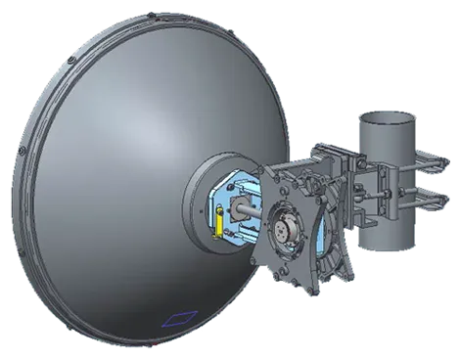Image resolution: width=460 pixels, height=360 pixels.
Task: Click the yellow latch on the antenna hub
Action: (x=218, y=223)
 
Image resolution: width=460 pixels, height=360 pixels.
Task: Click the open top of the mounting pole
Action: (x=384, y=120)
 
